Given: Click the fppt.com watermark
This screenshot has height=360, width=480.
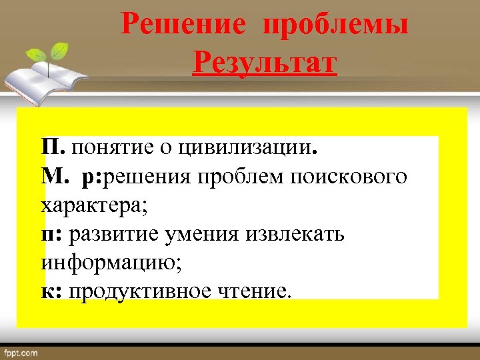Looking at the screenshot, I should tap(21, 352).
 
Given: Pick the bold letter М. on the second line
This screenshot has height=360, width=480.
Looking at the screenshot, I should tap(55, 177).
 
